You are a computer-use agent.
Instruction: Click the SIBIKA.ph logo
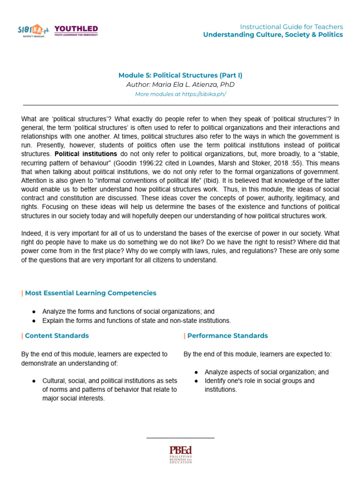point(34,31)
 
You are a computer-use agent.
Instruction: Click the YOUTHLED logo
point(76,30)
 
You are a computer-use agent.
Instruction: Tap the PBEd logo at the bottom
point(180,454)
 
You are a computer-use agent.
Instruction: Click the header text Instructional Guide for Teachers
point(291,27)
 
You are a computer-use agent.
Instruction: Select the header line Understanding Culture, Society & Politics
point(273,35)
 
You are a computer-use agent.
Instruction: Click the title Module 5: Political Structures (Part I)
point(180,75)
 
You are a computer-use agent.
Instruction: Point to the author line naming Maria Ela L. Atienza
point(180,85)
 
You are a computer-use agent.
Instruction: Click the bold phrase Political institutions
point(86,154)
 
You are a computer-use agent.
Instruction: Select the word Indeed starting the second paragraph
point(31,233)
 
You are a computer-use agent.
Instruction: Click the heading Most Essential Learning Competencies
point(90,293)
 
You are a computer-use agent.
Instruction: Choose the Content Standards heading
point(57,336)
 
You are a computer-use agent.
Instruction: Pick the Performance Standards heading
point(227,336)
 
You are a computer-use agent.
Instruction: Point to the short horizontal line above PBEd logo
point(180,438)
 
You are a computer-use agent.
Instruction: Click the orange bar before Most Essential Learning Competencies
point(22,293)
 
